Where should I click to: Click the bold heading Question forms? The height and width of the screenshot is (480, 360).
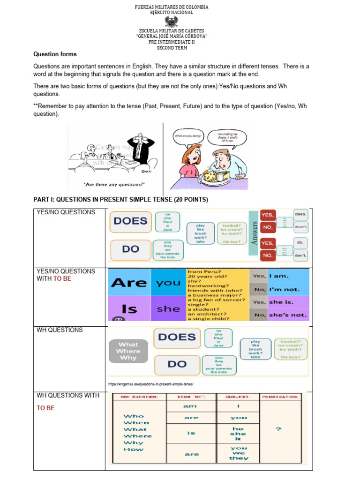point(55,54)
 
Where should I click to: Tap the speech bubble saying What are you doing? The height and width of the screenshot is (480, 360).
point(188,136)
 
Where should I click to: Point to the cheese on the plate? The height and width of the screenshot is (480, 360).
point(213,174)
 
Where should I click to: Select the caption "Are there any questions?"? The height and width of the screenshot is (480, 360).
point(114,184)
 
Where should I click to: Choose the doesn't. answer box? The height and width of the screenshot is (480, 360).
point(301,227)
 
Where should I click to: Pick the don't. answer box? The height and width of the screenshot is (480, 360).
point(300,255)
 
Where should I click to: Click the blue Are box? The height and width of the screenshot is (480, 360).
point(128,283)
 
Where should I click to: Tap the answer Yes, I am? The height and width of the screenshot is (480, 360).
point(279,277)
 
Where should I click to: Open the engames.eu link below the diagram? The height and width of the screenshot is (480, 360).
point(150,384)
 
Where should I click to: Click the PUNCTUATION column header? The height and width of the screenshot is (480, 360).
point(280,397)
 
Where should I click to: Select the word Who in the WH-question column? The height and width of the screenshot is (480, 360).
point(133,416)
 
